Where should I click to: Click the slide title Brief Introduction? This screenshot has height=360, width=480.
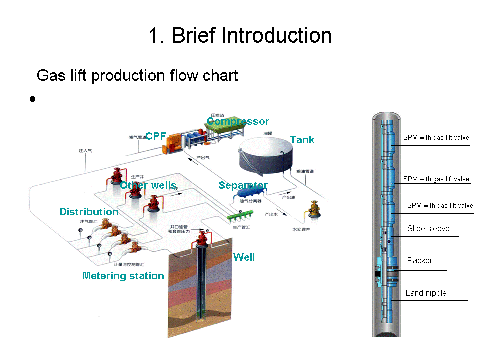click(240, 36)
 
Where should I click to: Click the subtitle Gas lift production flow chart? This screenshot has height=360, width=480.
click(137, 76)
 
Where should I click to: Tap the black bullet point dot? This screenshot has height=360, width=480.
click(32, 99)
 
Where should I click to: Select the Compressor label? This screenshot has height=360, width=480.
click(238, 121)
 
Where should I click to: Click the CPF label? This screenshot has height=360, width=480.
click(155, 136)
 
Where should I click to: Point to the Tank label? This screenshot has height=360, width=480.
click(302, 140)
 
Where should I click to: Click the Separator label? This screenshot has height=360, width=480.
click(243, 185)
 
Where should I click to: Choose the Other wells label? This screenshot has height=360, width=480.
click(148, 185)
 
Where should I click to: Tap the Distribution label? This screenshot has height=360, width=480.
click(89, 212)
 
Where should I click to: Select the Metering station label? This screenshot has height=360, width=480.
click(123, 276)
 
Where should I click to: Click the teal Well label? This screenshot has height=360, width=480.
click(244, 257)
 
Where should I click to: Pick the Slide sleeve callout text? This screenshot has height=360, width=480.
click(428, 229)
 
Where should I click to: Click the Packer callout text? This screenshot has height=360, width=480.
click(419, 260)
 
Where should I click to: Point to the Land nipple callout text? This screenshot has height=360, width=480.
click(426, 293)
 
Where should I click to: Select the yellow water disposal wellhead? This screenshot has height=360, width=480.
click(314, 210)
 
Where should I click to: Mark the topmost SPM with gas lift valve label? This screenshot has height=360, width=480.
click(436, 138)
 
